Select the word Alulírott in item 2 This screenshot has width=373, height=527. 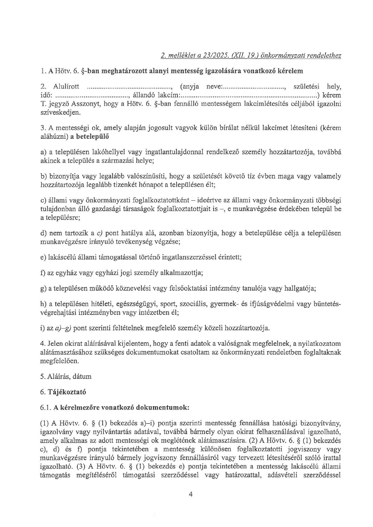coord(66,87)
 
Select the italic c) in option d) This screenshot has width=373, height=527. coord(100,233)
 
